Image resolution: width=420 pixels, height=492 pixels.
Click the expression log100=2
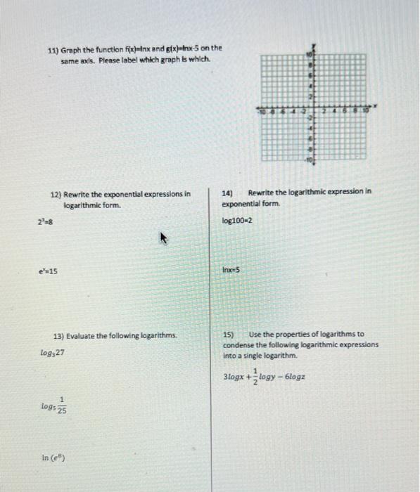click(237, 221)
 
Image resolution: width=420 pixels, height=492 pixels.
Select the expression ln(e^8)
click(54, 459)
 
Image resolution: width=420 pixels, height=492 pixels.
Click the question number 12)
click(56, 193)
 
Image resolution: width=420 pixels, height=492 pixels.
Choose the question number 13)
click(59, 335)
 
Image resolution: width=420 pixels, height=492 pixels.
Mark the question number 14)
click(228, 191)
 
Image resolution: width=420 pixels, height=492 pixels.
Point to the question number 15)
click(229, 335)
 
